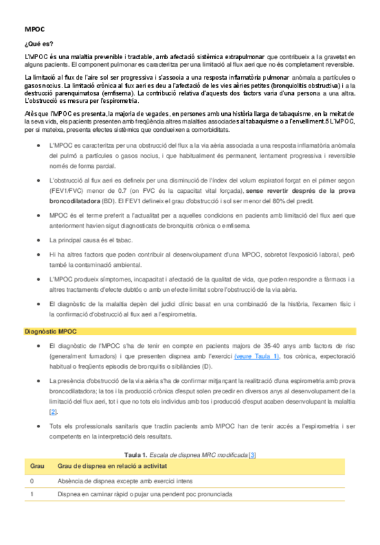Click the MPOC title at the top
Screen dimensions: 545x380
[34, 30]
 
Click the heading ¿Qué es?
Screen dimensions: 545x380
[38, 44]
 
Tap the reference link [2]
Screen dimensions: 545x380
[53, 411]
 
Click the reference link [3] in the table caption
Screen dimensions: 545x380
[252, 454]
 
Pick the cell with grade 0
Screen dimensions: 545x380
[32, 480]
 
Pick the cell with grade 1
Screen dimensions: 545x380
[32, 494]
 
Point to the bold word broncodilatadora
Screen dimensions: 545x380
[80, 200]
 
